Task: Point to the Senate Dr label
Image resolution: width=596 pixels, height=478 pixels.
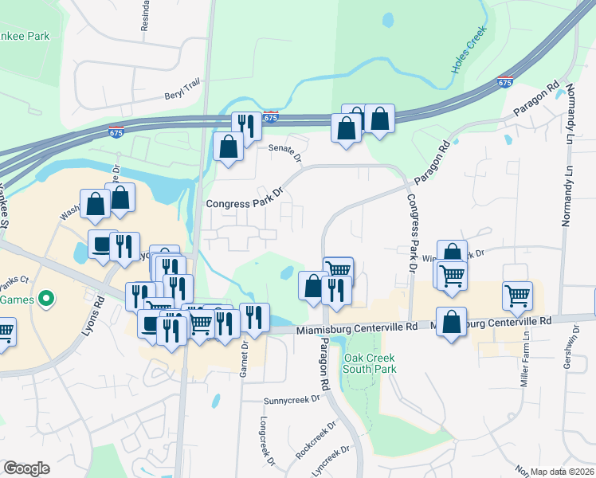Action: pyautogui.click(x=284, y=151)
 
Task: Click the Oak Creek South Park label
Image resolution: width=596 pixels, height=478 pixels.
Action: pyautogui.click(x=369, y=363)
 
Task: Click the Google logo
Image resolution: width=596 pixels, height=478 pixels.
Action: pyautogui.click(x=26, y=468)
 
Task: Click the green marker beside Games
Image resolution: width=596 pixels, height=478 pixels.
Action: pyautogui.click(x=46, y=300)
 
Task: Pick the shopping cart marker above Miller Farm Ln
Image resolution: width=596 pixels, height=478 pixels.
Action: pyautogui.click(x=517, y=297)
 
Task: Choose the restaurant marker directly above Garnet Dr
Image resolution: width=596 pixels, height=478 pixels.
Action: pyautogui.click(x=254, y=317)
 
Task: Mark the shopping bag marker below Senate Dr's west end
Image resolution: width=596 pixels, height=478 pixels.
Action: pyautogui.click(x=229, y=147)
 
